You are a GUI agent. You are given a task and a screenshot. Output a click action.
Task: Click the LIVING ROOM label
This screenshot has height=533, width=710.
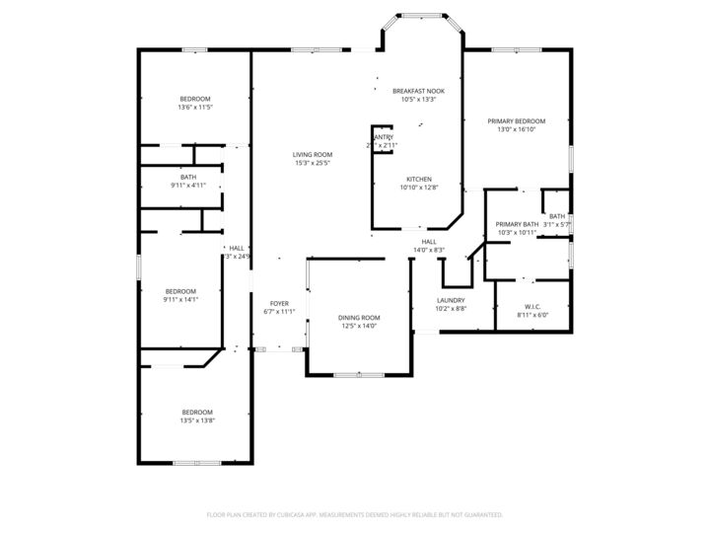coord(312,154)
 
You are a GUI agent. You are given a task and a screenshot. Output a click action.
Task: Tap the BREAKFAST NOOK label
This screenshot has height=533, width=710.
coord(418,90)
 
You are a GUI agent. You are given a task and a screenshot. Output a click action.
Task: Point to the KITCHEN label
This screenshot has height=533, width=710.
coord(419,179)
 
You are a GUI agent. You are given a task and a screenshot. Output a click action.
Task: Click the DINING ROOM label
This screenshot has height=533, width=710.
coord(359,317)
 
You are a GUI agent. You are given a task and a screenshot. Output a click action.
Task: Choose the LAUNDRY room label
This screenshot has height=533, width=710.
coord(451,300)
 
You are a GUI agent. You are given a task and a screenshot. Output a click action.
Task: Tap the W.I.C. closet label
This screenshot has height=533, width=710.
coord(532,307)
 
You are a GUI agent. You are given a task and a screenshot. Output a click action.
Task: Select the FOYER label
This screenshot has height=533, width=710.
coord(279,303)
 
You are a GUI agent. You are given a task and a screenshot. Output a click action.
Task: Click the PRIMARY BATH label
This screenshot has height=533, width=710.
coord(517,224)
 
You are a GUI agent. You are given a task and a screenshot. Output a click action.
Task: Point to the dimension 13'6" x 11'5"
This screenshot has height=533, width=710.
coord(195,108)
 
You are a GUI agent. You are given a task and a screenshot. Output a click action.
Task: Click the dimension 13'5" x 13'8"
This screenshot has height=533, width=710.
coord(196,420)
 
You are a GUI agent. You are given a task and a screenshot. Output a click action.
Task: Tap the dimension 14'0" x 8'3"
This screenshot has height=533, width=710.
coord(429,250)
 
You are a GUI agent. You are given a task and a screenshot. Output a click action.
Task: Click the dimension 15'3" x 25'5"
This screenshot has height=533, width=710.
coord(312,163)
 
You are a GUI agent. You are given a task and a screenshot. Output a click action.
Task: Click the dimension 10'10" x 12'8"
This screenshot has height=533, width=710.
coord(419,188)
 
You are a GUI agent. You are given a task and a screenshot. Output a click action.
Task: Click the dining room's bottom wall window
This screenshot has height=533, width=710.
coord(359,375)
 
